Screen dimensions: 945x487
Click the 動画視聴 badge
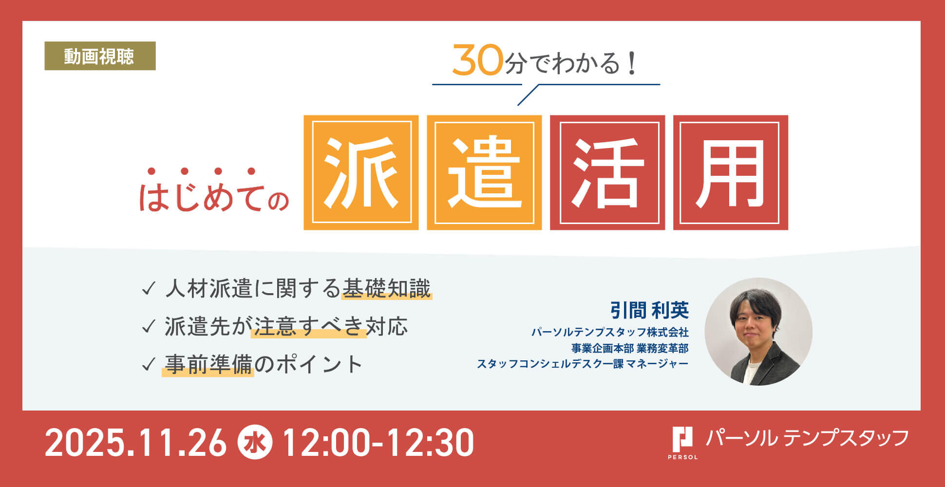pyautogui.click(x=100, y=56)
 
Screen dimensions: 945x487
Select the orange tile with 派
pyautogui.click(x=361, y=172)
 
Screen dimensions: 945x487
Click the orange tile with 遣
pyautogui.click(x=484, y=172)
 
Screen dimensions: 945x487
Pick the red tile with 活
pyautogui.click(x=607, y=172)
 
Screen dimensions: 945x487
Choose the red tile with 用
pyautogui.click(x=731, y=172)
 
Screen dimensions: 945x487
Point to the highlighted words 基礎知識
pyautogui.click(x=387, y=289)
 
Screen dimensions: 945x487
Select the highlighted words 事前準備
pyautogui.click(x=208, y=364)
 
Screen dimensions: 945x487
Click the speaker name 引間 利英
pyautogui.click(x=649, y=310)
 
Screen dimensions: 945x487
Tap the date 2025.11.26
pyautogui.click(x=136, y=443)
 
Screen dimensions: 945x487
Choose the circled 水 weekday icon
pyautogui.click(x=255, y=443)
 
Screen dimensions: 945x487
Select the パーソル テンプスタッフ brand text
pyautogui.click(x=807, y=438)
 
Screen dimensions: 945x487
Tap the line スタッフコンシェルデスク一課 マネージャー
pyautogui.click(x=583, y=364)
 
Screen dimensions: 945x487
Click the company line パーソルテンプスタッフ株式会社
pyautogui.click(x=610, y=332)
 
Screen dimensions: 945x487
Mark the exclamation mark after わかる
pyautogui.click(x=632, y=63)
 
